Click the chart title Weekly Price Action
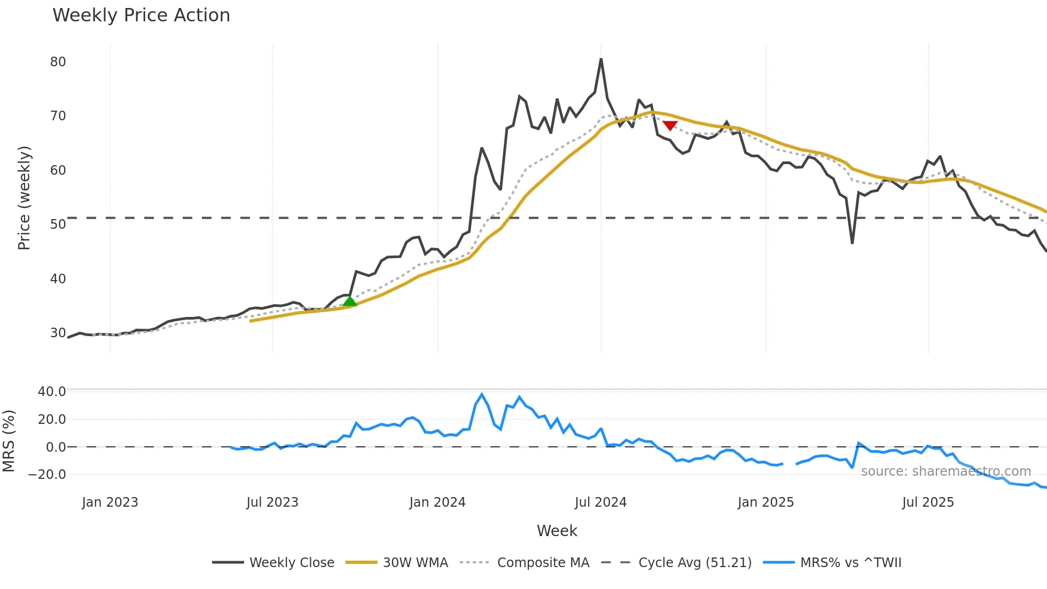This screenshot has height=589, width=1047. coord(141,15)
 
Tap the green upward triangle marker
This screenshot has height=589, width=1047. coord(350,301)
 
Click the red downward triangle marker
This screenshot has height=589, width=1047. coord(670,126)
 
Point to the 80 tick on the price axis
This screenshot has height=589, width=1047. coord(58,62)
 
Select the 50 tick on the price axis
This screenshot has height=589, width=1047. coord(58,224)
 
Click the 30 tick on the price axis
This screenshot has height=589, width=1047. coord(58,333)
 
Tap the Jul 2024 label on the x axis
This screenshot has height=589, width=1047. coord(600,502)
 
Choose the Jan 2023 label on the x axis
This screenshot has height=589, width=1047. coord(110,502)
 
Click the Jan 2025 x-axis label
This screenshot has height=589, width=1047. coord(765,502)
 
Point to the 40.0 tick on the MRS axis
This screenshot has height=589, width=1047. coord(52,392)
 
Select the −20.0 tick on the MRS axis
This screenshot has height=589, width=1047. coord(47,475)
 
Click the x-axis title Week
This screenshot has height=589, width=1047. coord(557,531)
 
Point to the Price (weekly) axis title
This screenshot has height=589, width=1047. coord(25,198)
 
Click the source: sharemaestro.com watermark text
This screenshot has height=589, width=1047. coord(946,471)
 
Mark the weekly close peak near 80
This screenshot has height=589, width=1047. coord(601,59)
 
